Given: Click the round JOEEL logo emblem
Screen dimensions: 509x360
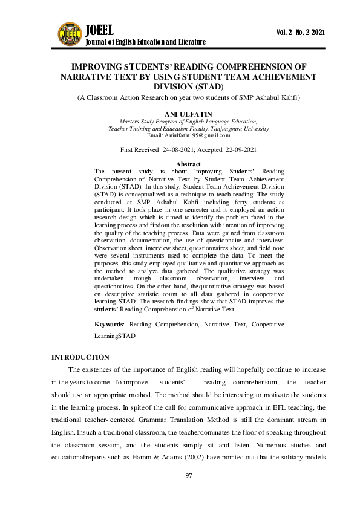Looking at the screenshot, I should click(x=70, y=34).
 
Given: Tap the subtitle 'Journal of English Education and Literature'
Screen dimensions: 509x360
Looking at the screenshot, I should click(x=146, y=42).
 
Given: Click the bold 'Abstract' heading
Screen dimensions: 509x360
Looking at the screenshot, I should click(x=189, y=164).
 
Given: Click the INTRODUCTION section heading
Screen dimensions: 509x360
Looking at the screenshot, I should click(x=80, y=358).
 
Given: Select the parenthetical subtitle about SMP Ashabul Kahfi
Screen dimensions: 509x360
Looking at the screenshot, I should click(x=189, y=98).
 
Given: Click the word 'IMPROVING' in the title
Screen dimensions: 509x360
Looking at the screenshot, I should click(x=97, y=67).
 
